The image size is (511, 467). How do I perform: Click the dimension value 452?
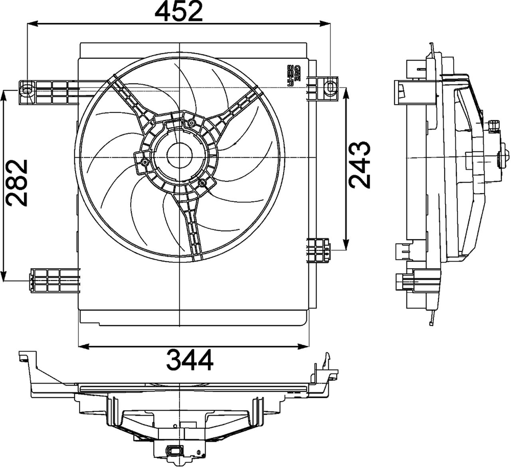click(179, 12)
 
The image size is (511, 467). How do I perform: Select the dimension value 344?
click(190, 360)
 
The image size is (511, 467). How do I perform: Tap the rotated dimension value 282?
click(17, 183)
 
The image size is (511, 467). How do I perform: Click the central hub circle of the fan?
click(179, 156)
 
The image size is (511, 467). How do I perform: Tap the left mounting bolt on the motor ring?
click(144, 162)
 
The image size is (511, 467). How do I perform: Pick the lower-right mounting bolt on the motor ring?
click(202, 183)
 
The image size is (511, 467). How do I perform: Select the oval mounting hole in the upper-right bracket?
click(331, 86)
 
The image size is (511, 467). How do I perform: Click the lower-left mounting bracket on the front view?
click(54, 281)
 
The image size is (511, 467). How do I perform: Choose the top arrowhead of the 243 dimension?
click(346, 92)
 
